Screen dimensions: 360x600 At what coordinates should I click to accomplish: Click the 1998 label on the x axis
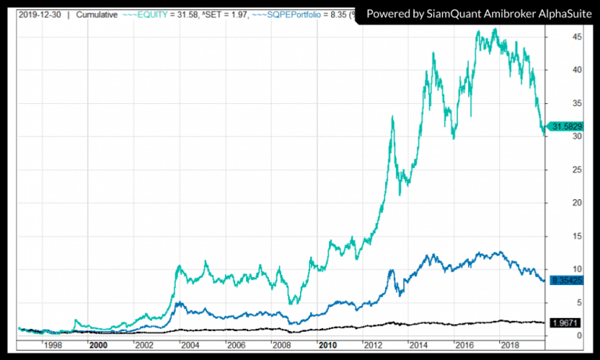(x=53, y=344)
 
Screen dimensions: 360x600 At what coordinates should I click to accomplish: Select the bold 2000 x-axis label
(x=98, y=344)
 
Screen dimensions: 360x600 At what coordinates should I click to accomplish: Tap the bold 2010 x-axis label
(x=327, y=344)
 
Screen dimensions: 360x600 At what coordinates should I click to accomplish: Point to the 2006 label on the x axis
(x=236, y=344)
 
